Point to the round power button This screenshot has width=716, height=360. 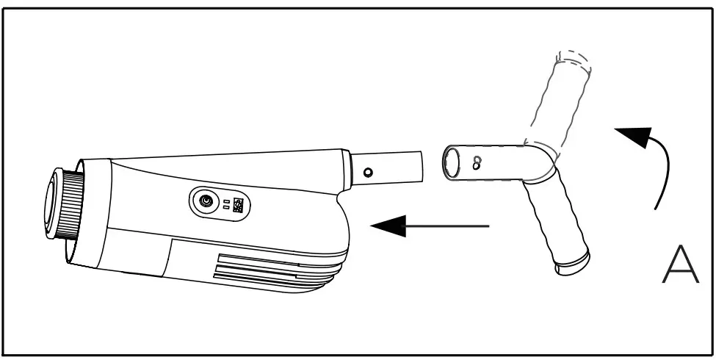pos(206,201)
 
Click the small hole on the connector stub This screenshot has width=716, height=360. pos(368,172)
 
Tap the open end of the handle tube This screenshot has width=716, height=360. pos(453,162)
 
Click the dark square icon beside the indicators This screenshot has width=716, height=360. pos(238,206)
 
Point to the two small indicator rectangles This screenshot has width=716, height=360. pos(227,204)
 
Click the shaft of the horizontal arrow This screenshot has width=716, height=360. pos(448,226)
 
